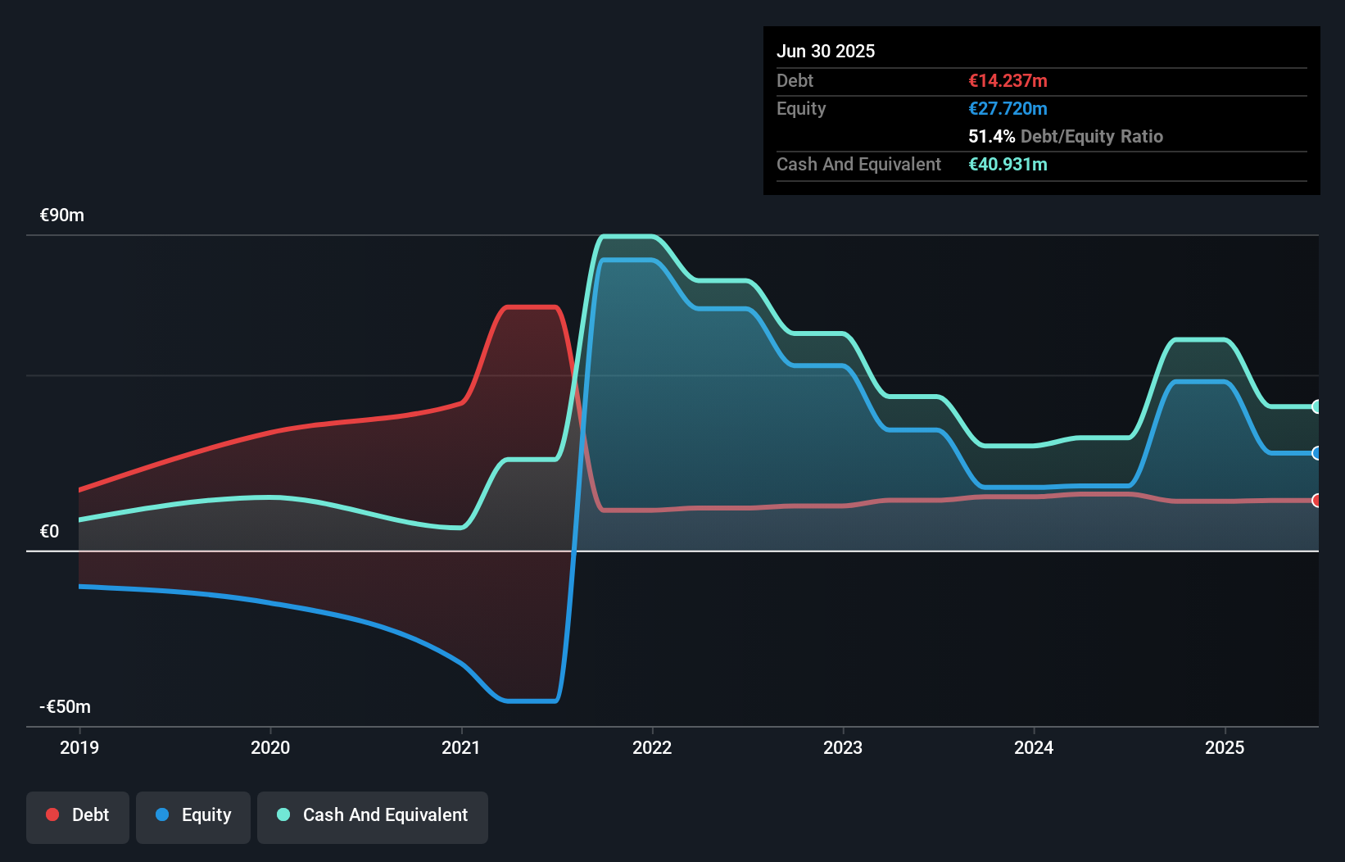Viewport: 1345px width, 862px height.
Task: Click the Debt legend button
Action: tap(78, 815)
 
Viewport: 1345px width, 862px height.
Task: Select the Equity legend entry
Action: tap(193, 815)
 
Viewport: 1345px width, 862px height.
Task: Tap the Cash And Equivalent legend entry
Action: tap(373, 815)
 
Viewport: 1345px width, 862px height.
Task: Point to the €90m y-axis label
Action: tap(62, 215)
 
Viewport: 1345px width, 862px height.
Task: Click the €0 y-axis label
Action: tap(50, 532)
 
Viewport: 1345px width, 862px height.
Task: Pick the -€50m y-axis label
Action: tap(66, 707)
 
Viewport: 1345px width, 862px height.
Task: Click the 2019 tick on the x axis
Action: tap(79, 747)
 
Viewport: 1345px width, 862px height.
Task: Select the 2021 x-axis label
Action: tap(461, 747)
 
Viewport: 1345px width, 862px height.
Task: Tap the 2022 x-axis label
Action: tap(652, 747)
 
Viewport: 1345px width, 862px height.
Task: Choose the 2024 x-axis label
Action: tap(1034, 747)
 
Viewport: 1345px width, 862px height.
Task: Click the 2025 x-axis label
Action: tap(1225, 747)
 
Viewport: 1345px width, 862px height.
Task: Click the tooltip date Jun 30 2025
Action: tap(826, 52)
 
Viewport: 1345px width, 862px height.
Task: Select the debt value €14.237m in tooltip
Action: tap(1008, 81)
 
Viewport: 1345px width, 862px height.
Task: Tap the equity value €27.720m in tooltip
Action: tap(1008, 109)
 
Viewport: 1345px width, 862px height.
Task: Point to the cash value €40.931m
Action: tap(1008, 165)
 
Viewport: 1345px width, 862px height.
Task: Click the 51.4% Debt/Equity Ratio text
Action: tap(1065, 137)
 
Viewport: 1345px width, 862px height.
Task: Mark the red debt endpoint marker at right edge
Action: tap(1316, 501)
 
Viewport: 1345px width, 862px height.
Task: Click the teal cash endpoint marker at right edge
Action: tap(1316, 406)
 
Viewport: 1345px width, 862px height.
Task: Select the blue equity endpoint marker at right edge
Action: tap(1316, 453)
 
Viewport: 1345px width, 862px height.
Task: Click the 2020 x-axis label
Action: tap(270, 747)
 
